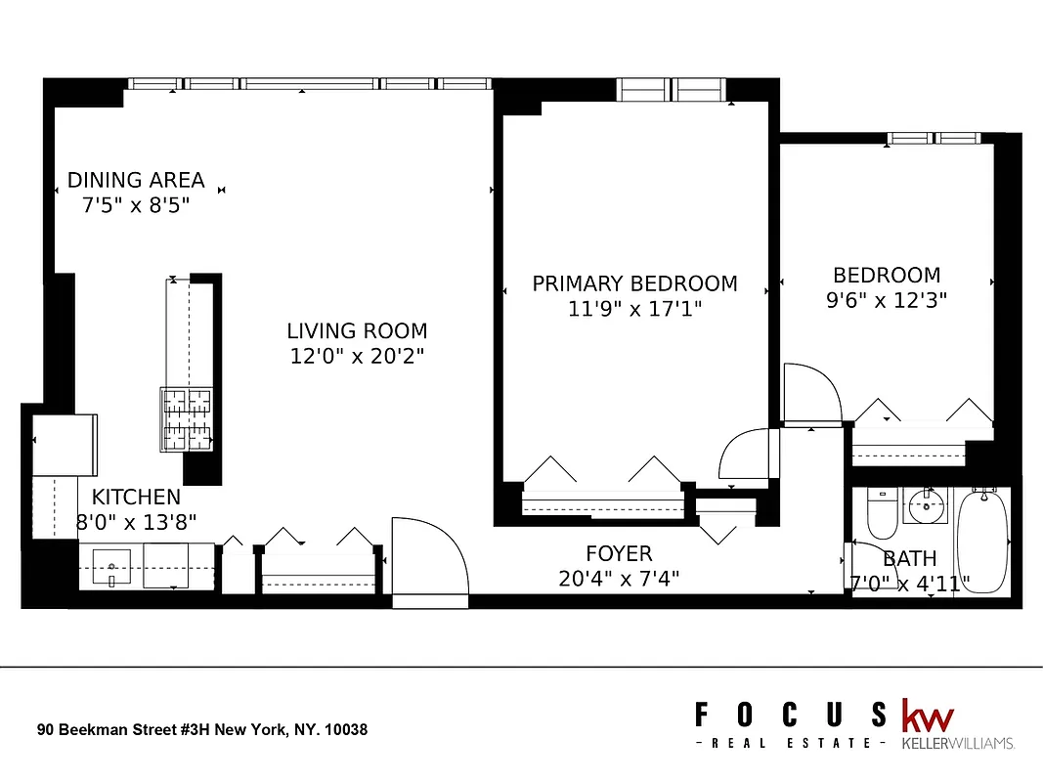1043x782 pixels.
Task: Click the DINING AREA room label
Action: tap(136, 180)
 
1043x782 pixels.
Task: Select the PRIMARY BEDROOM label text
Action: tap(634, 283)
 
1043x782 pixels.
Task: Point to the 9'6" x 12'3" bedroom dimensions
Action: tap(887, 300)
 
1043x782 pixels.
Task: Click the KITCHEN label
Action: tap(136, 497)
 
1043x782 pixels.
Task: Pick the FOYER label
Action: tap(619, 554)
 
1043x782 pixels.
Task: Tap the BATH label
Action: tap(909, 559)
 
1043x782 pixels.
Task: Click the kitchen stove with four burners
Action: tap(186, 419)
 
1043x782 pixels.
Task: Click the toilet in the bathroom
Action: tap(882, 515)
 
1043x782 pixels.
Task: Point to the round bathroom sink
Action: tap(925, 506)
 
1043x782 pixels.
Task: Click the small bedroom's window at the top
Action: tap(934, 139)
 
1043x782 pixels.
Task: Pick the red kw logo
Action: tap(927, 716)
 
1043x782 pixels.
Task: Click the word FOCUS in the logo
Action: tap(791, 716)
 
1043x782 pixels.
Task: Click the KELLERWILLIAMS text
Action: tap(957, 743)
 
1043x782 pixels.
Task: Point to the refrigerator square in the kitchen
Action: tap(65, 445)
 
